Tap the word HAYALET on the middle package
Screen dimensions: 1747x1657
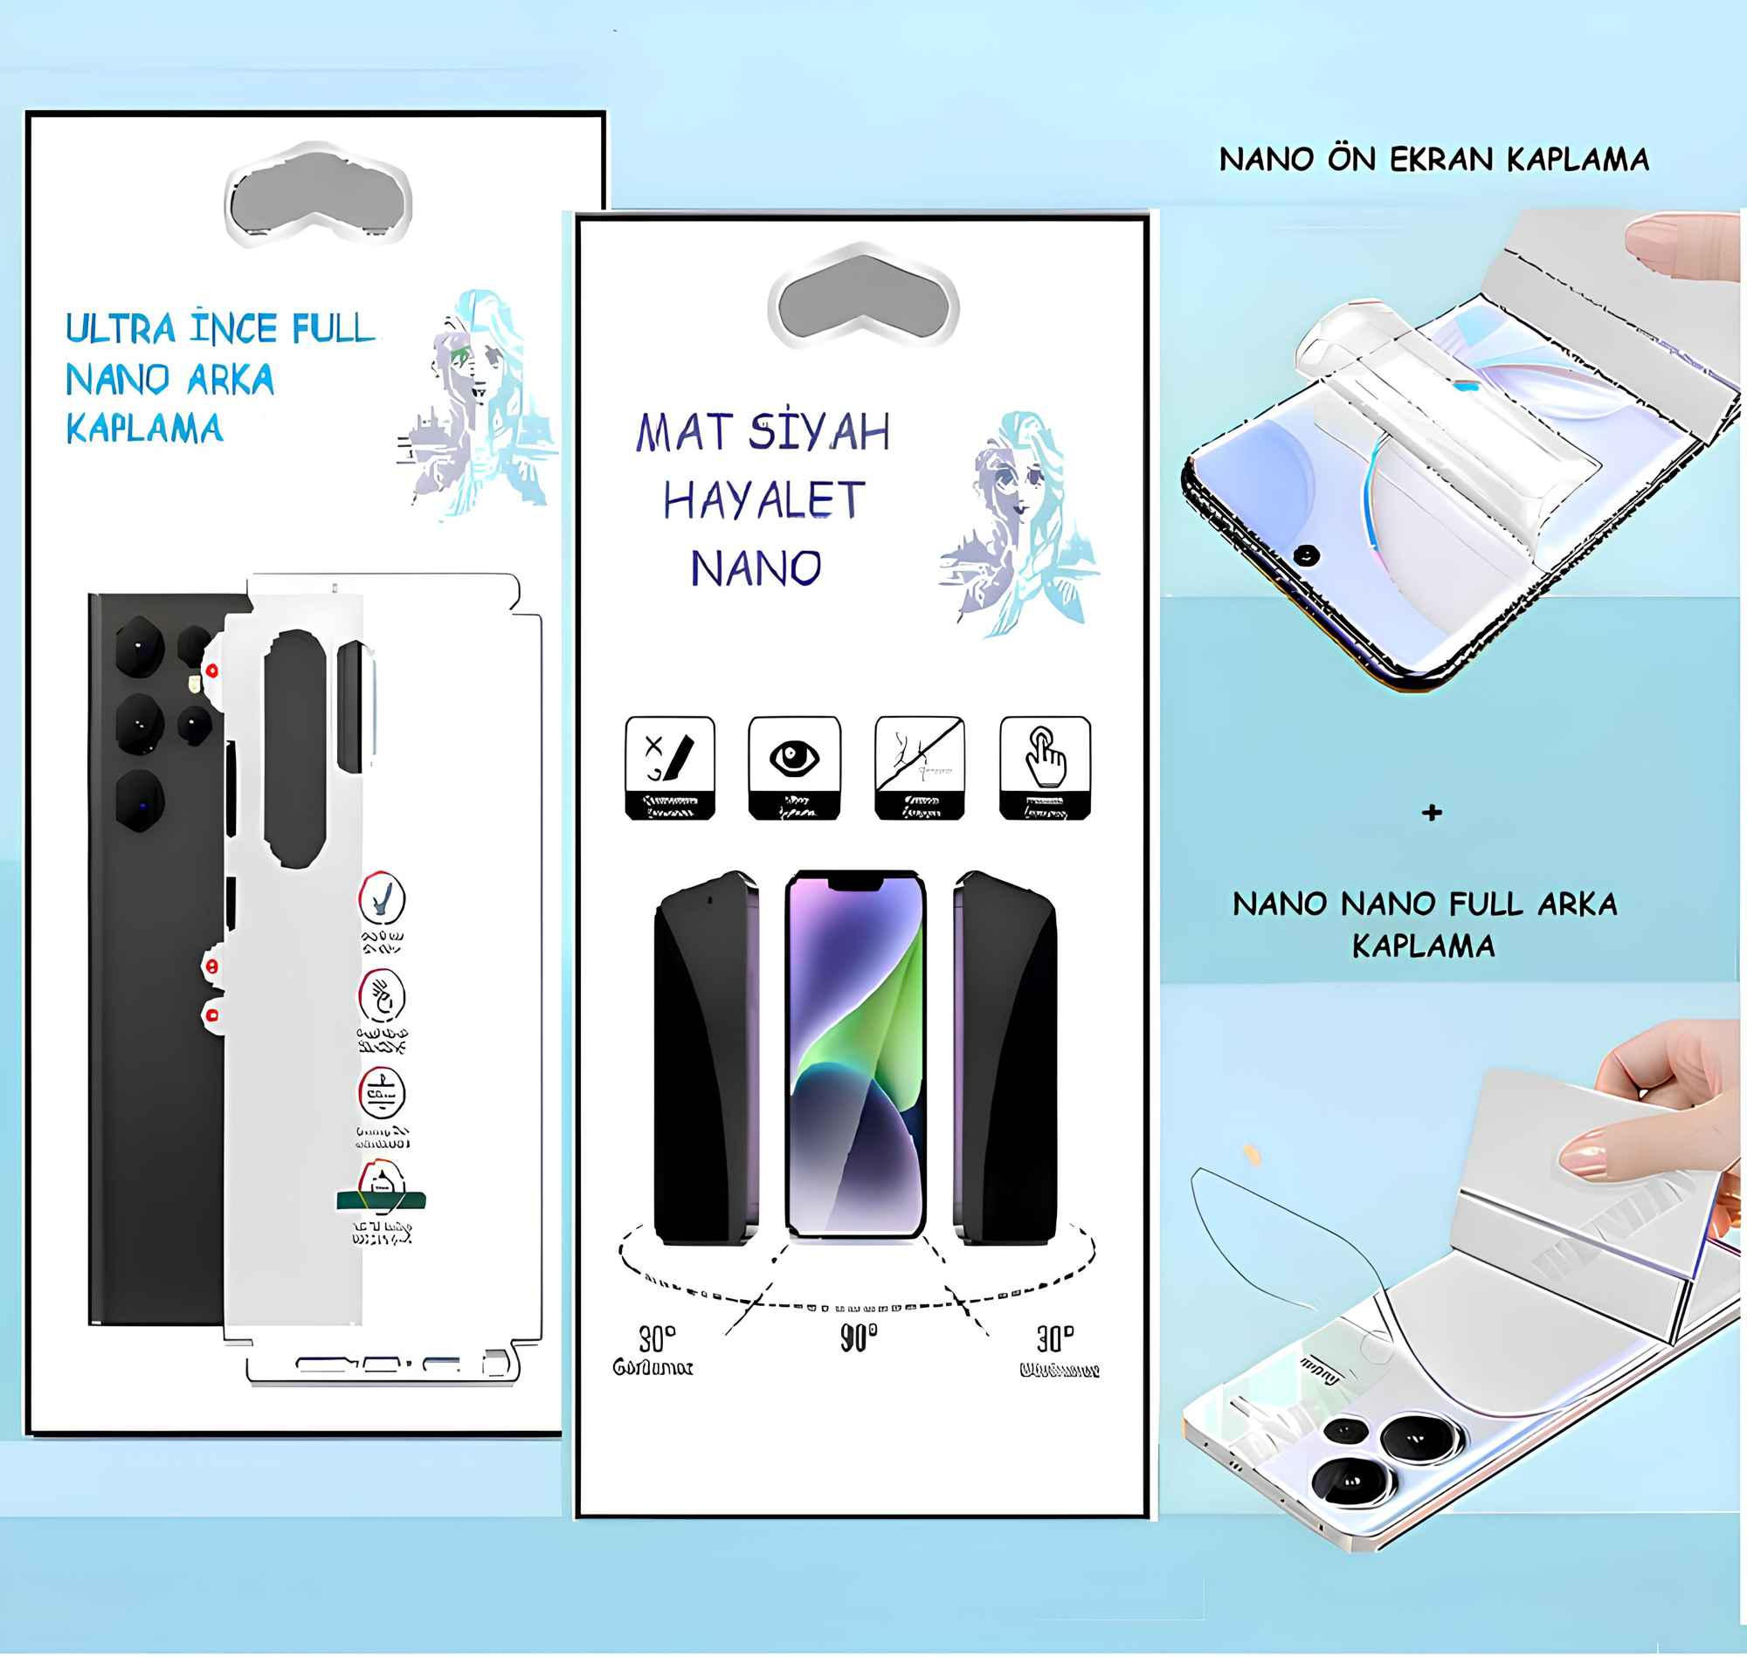pyautogui.click(x=764, y=501)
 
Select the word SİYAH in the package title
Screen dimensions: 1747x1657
pyautogui.click(x=819, y=433)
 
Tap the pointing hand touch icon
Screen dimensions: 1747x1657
pyautogui.click(x=1046, y=758)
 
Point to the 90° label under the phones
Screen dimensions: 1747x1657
pyautogui.click(x=858, y=1337)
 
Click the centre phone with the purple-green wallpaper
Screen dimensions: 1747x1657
pyautogui.click(x=855, y=1055)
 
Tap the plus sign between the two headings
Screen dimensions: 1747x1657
pyautogui.click(x=1433, y=813)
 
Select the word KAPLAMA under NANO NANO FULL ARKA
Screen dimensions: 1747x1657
pyautogui.click(x=1424, y=946)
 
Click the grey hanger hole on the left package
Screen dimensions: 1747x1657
pyautogui.click(x=318, y=200)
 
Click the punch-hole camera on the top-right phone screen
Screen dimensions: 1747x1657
pyautogui.click(x=1306, y=555)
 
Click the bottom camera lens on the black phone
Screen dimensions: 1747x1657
pyautogui.click(x=141, y=801)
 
